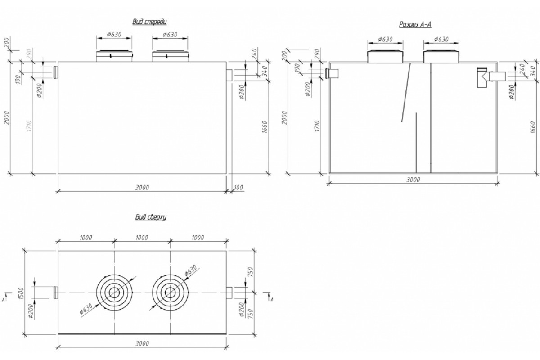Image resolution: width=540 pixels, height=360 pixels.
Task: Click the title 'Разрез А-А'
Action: [x=415, y=24]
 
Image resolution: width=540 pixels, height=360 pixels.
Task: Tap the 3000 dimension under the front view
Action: [x=142, y=187]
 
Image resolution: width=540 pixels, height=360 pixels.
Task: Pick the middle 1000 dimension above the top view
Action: [x=142, y=237]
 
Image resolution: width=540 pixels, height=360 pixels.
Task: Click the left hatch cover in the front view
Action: [x=114, y=56]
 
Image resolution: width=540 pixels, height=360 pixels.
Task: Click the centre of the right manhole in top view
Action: [x=170, y=292]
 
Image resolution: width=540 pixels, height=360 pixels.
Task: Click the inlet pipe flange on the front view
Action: [x=56, y=72]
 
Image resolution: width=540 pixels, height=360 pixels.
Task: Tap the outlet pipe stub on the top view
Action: [x=228, y=292]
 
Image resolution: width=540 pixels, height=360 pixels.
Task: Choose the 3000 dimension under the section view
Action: [x=413, y=180]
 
